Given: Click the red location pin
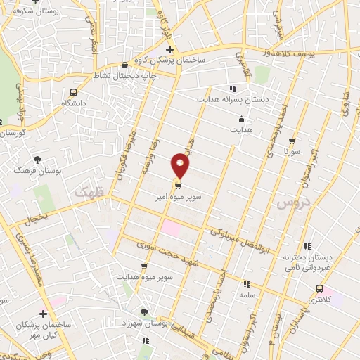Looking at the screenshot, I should click(x=181, y=166).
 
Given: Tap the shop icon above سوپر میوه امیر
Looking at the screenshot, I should click(x=177, y=186).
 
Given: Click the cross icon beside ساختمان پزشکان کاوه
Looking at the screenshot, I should click(x=169, y=49).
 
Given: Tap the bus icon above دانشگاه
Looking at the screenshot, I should click(x=74, y=91).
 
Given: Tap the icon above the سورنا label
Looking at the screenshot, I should click(x=292, y=141).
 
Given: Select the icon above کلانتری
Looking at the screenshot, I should click(x=321, y=288).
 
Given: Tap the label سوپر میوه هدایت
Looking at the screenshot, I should click(x=143, y=278).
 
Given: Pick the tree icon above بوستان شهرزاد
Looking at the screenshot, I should click(x=145, y=311).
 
